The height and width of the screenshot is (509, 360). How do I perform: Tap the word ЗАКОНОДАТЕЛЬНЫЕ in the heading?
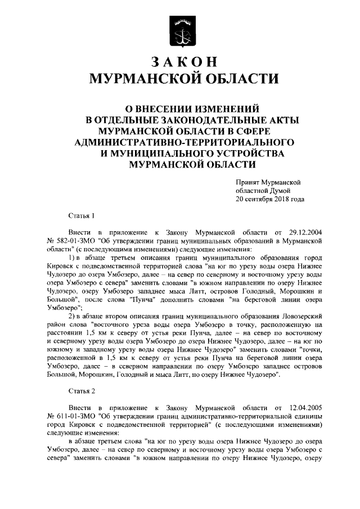click(x=180, y=119)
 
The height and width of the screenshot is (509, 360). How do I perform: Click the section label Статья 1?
click(x=81, y=216)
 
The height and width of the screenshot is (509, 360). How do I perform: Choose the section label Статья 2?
click(x=81, y=390)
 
